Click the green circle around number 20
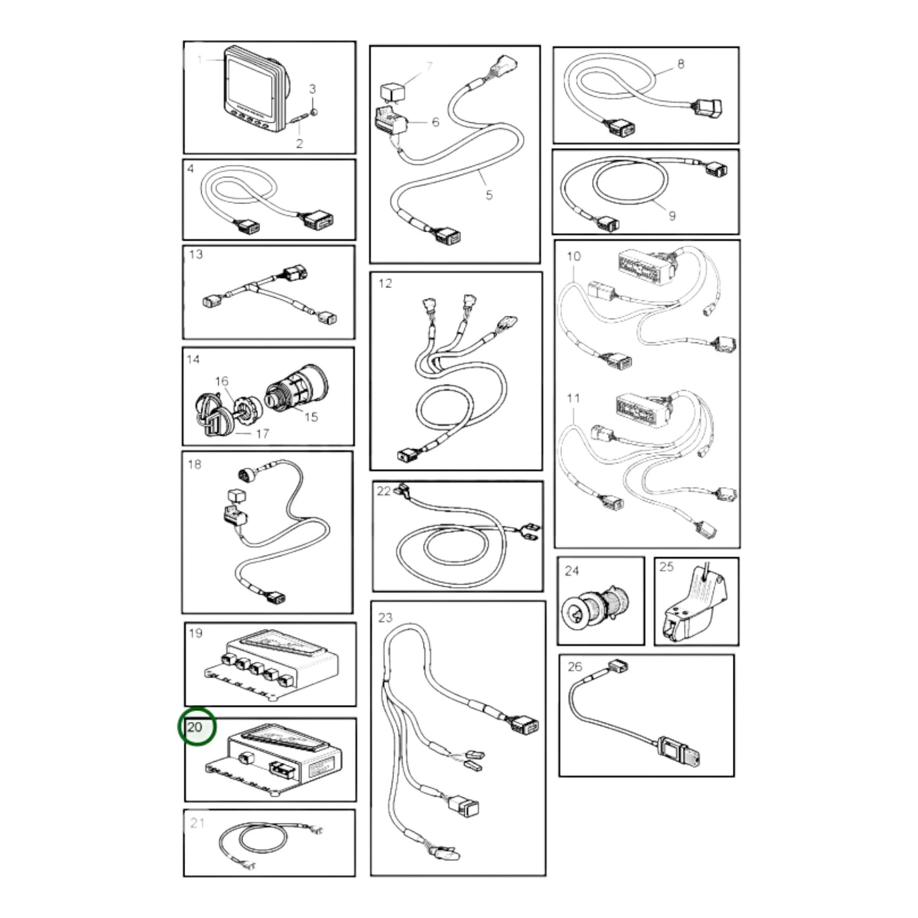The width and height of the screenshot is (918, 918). tap(197, 727)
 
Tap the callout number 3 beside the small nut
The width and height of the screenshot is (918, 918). tap(312, 88)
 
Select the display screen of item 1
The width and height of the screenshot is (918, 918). tap(250, 89)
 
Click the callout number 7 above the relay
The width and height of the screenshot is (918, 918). tap(429, 66)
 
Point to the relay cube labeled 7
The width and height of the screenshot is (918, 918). tap(391, 92)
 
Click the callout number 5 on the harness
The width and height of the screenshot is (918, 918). tap(489, 194)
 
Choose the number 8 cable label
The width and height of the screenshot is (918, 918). tap(680, 64)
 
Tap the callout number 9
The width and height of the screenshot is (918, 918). tap(672, 216)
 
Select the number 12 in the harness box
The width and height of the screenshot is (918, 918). tap(385, 283)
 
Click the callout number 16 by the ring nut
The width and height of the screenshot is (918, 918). tap(222, 381)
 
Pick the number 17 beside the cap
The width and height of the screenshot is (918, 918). tap(262, 433)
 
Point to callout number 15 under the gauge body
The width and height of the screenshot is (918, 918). tap(311, 417)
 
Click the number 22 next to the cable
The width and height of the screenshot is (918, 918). tap(384, 490)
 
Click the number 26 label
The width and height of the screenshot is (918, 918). tap(575, 666)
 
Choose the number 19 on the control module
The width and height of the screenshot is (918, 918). tap(195, 633)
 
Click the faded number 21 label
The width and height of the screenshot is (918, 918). tap(197, 823)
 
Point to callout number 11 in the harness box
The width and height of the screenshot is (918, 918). tap(573, 398)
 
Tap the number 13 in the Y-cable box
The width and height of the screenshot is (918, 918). tap(195, 254)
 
